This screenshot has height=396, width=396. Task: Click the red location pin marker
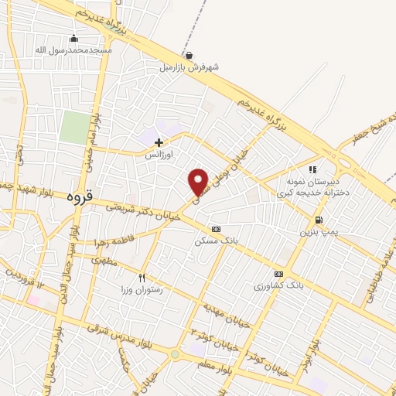(199, 182)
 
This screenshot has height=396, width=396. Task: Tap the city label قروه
(79, 196)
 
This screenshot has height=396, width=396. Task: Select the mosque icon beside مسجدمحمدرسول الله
(74, 38)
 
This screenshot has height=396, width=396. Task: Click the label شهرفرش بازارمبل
(189, 68)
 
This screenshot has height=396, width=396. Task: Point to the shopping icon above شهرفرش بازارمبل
(189, 55)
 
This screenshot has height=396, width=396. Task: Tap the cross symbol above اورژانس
(159, 142)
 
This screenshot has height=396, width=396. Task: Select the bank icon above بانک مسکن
(216, 229)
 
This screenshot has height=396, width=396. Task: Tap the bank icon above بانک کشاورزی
(278, 274)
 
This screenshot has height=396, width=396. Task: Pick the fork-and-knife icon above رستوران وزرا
(142, 278)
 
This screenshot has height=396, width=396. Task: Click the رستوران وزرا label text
(142, 290)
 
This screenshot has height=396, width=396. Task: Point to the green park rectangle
(75, 128)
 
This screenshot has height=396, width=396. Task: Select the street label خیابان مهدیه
(227, 314)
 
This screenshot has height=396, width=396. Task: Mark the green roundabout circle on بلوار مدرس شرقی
(176, 355)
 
